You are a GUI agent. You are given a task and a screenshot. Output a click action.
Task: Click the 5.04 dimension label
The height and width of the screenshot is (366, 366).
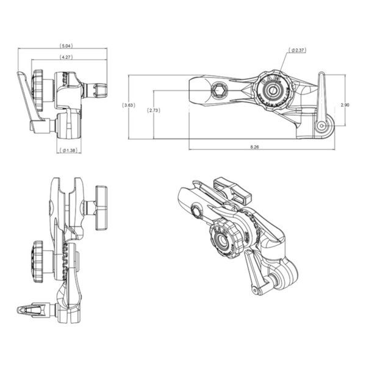point(67,46)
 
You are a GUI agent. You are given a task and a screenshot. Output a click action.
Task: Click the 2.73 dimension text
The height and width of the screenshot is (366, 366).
point(153,110)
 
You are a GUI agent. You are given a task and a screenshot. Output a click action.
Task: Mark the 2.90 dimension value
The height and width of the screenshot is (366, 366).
point(345,104)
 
